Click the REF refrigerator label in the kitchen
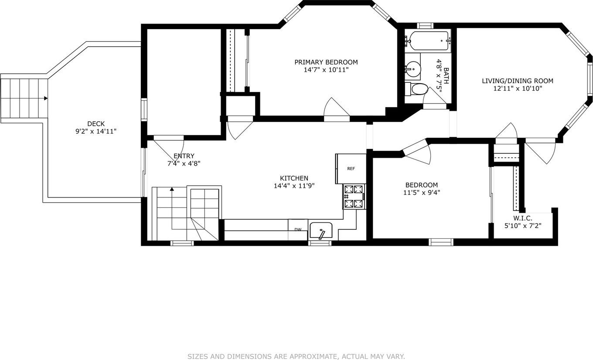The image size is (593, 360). pyautogui.click(x=351, y=169)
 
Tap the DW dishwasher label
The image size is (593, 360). pyautogui.click(x=298, y=230)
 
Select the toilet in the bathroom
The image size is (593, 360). pyautogui.click(x=416, y=89)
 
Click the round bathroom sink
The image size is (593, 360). pyautogui.click(x=413, y=68)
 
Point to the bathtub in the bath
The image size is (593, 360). pyautogui.click(x=428, y=41)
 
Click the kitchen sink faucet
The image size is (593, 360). pyautogui.click(x=321, y=234)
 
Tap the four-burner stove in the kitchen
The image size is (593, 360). pyautogui.click(x=354, y=197)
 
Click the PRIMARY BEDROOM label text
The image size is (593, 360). pyautogui.click(x=326, y=62)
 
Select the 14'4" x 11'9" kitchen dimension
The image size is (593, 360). pyautogui.click(x=294, y=186)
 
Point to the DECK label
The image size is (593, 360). pyautogui.click(x=96, y=124)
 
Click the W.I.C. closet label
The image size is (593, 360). pyautogui.click(x=523, y=218)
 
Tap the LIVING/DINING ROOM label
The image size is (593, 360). pyautogui.click(x=518, y=81)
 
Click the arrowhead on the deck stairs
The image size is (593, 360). pyautogui.click(x=46, y=98)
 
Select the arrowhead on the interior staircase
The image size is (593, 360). pyautogui.click(x=172, y=189)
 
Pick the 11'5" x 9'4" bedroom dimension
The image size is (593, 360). pyautogui.click(x=422, y=193)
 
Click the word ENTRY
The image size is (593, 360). pyautogui.click(x=184, y=156)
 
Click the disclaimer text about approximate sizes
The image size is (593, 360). pyautogui.click(x=296, y=356)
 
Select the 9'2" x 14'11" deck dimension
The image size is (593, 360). pyautogui.click(x=96, y=131)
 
